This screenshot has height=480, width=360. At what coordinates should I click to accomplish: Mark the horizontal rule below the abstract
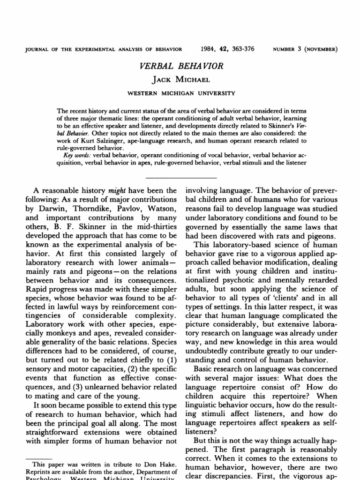pos(181,178)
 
